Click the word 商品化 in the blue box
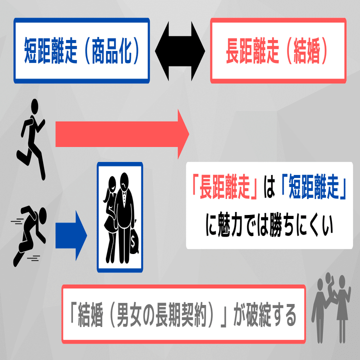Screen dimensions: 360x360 pos(114,52)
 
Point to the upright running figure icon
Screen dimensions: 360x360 pos(31,139)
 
